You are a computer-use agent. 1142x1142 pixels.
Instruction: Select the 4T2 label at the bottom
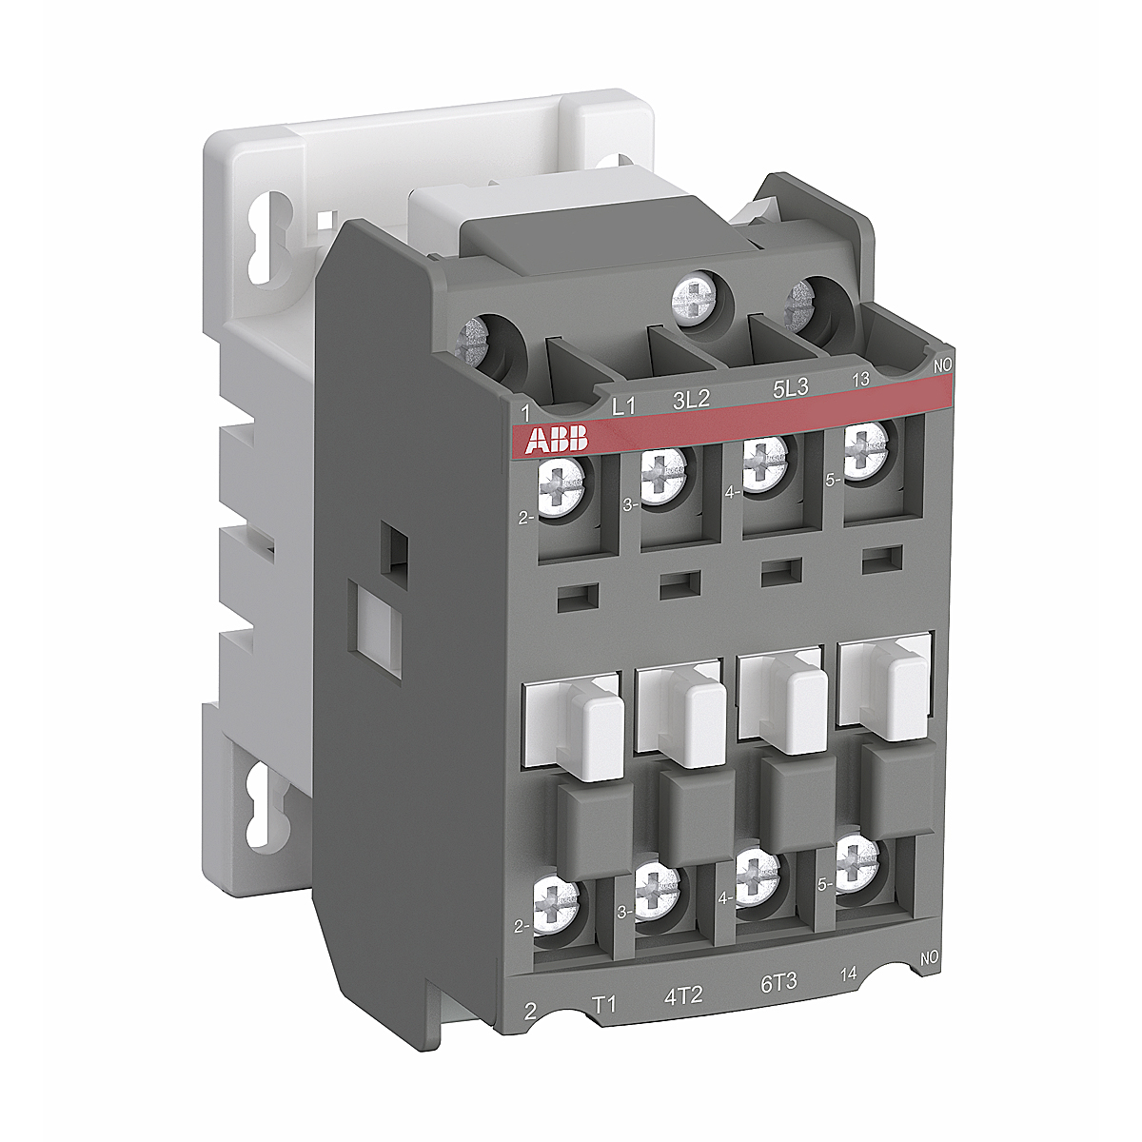click(682, 994)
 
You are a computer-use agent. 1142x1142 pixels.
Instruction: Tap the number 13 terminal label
click(860, 379)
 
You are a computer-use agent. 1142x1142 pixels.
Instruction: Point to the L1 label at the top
click(622, 407)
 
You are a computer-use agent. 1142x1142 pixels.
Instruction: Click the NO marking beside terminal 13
click(942, 365)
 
